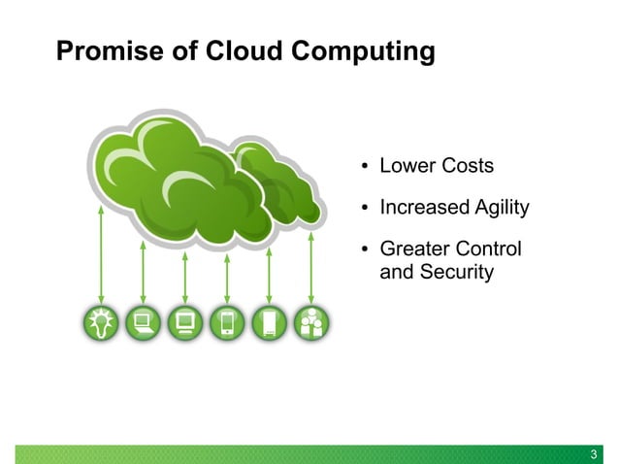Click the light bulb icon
[101, 323]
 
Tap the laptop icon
[144, 323]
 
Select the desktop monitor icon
[185, 323]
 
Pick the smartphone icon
[227, 323]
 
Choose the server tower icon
[270, 323]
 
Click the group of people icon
[311, 323]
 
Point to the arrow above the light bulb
[101, 252]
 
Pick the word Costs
[468, 166]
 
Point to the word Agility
[497, 208]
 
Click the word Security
[457, 273]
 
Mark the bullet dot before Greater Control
[365, 250]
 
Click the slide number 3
[595, 453]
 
